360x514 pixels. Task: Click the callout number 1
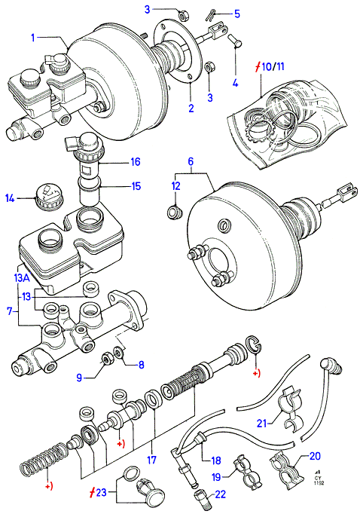click(x=32, y=38)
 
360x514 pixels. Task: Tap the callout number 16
click(x=136, y=161)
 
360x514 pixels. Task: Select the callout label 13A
click(x=22, y=278)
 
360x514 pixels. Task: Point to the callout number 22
click(x=221, y=494)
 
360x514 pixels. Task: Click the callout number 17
click(x=151, y=460)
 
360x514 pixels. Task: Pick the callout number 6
click(x=191, y=161)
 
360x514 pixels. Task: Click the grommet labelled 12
click(x=174, y=212)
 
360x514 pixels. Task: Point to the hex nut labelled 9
click(x=106, y=359)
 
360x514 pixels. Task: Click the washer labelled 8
click(x=117, y=352)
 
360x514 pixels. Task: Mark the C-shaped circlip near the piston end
click(x=254, y=344)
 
